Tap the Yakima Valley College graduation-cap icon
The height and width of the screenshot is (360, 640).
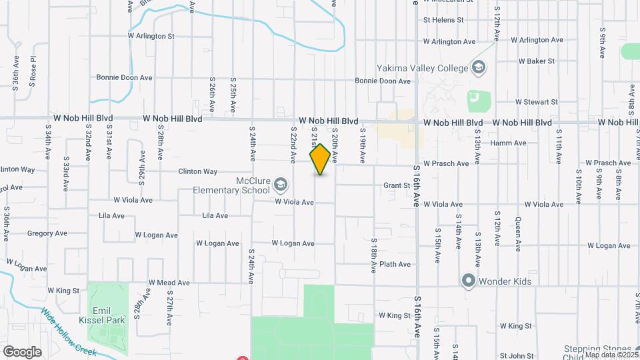[x=478, y=67]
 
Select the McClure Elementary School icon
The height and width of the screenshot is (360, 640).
[x=281, y=184]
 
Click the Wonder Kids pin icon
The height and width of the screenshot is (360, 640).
[x=468, y=281]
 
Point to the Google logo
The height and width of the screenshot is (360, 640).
[x=22, y=351]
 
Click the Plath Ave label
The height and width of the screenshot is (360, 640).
[x=395, y=265]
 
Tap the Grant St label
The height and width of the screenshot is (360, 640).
[x=395, y=186]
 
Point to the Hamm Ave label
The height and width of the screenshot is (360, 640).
[x=508, y=143]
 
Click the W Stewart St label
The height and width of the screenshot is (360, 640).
[x=536, y=102]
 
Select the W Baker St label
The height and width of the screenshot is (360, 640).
[x=537, y=61]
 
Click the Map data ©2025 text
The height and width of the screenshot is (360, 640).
[x=611, y=355]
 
